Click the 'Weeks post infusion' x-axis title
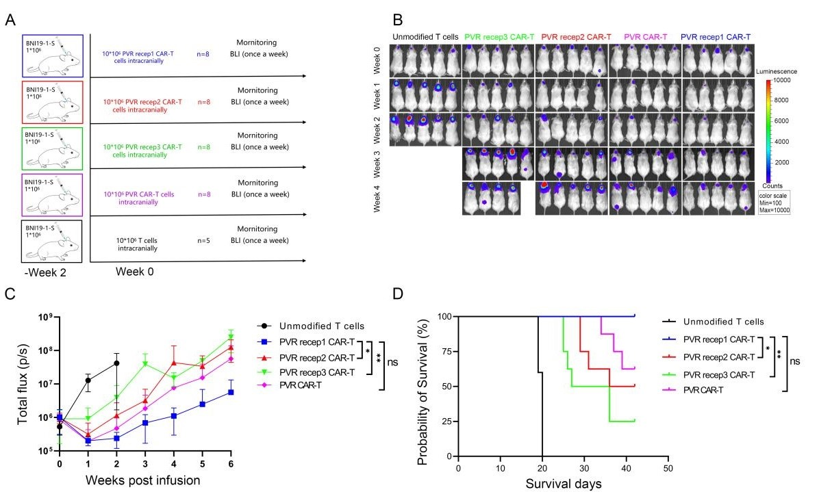point(142,479)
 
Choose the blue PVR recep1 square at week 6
point(231,392)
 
